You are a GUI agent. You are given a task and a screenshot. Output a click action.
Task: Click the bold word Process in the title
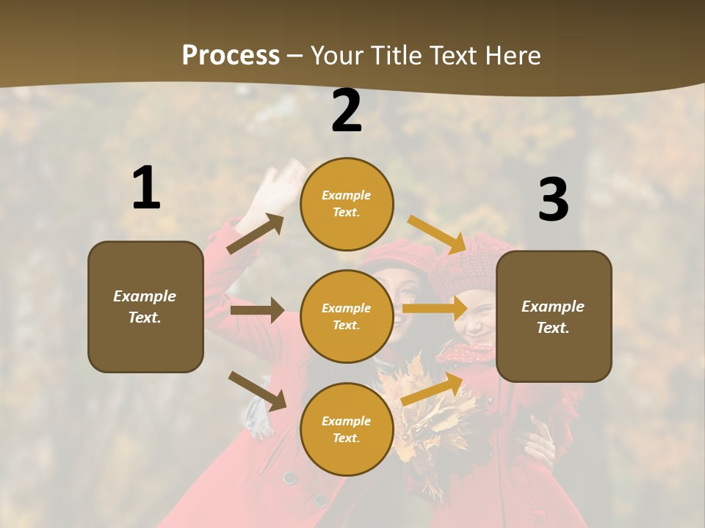231,56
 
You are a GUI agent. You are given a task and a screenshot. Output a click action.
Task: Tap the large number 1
146,188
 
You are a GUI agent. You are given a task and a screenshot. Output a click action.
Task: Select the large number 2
347,111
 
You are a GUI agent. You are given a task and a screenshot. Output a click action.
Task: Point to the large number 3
553,200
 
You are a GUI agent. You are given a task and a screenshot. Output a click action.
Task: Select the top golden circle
347,204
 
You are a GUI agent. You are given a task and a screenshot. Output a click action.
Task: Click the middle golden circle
347,316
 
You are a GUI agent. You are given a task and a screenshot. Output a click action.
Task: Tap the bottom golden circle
347,429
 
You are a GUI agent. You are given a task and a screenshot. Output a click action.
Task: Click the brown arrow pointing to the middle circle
257,310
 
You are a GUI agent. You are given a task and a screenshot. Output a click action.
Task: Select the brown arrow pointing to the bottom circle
257,391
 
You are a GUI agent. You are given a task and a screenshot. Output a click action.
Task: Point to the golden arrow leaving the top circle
438,234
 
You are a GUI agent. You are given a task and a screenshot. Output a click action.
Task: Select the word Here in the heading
513,56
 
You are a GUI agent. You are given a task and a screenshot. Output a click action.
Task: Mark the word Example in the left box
145,296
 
